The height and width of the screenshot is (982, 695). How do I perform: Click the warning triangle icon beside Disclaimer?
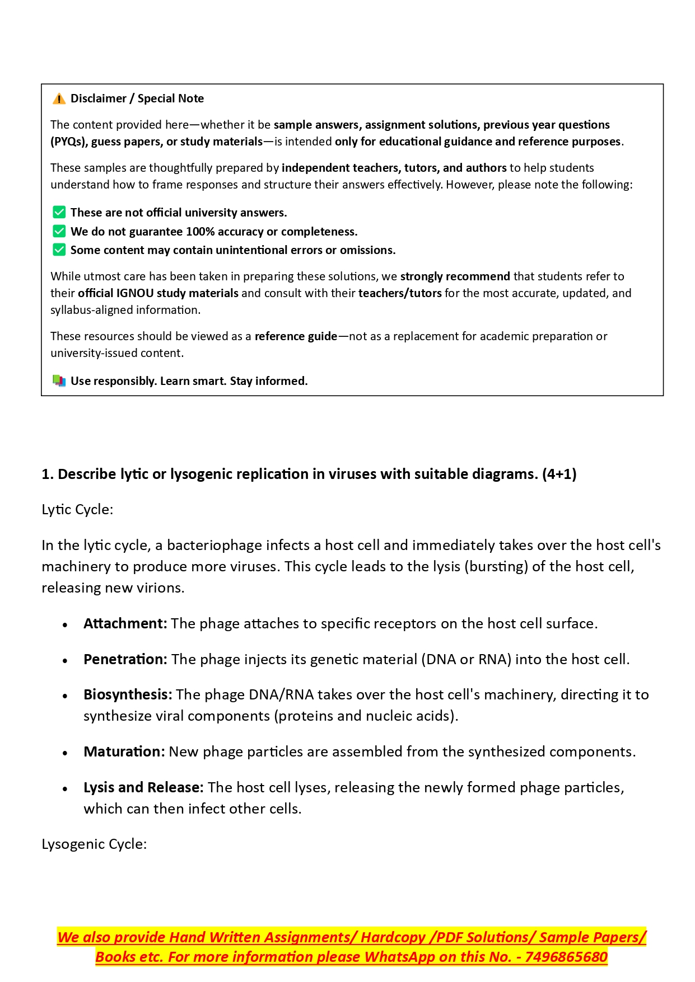(59, 99)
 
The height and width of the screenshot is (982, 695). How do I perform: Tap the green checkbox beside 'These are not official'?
(59, 213)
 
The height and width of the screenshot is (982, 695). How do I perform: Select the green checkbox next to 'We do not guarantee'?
(59, 231)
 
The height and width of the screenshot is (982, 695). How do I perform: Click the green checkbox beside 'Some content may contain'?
(59, 250)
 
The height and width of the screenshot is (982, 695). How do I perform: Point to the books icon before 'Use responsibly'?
(59, 381)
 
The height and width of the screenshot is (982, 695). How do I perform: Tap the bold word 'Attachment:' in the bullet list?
(125, 624)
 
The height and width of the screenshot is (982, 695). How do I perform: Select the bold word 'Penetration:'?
(125, 660)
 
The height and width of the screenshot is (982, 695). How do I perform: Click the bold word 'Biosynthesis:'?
(128, 695)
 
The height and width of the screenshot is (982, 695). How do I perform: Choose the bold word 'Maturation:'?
(124, 752)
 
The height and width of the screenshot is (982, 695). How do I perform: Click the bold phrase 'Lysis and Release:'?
(143, 788)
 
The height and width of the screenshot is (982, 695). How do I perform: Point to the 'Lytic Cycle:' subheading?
(77, 510)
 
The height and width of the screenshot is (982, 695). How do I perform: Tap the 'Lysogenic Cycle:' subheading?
(94, 844)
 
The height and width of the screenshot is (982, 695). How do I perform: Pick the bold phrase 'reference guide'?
(296, 336)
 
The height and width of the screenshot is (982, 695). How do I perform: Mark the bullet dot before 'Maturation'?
(66, 753)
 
